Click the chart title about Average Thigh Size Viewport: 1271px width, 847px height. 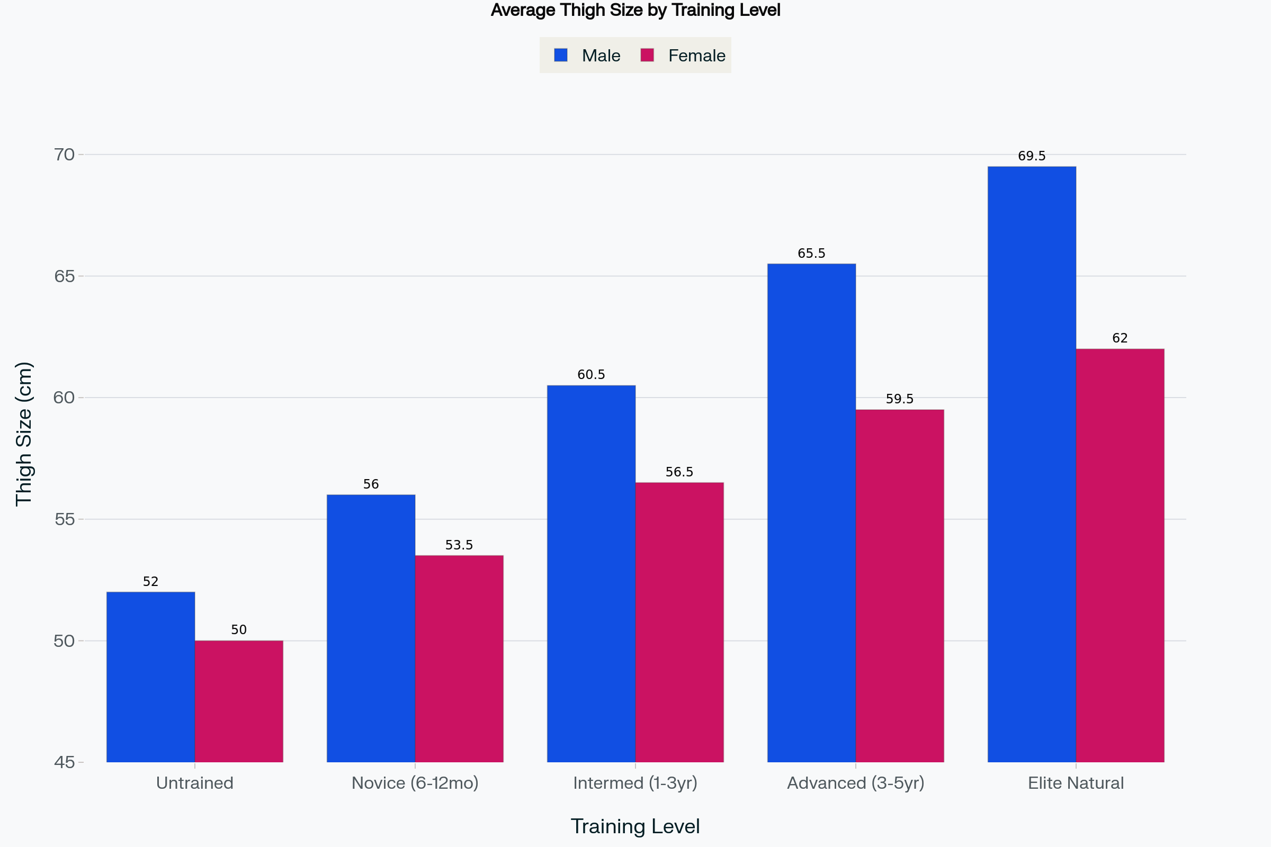[x=635, y=10]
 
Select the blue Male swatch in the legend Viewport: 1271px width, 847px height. [x=560, y=55]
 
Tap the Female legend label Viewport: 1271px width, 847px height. [x=696, y=56]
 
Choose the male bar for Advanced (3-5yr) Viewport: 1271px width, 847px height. [x=811, y=513]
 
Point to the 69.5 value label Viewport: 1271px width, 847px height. [x=1032, y=156]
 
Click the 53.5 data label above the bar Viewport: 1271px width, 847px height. [x=459, y=545]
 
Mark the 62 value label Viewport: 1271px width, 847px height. [x=1120, y=338]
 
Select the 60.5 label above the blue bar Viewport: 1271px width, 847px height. [x=591, y=375]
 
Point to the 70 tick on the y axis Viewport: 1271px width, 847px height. [x=64, y=155]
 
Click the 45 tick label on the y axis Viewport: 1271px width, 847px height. [x=64, y=762]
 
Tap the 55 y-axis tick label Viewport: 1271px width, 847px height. [x=64, y=520]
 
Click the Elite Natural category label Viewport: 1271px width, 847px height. [x=1076, y=783]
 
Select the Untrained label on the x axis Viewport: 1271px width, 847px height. [x=194, y=783]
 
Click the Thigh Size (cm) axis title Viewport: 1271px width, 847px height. [x=24, y=434]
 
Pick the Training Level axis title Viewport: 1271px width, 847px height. [x=635, y=826]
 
